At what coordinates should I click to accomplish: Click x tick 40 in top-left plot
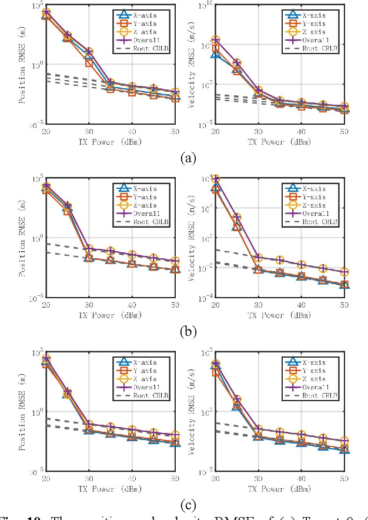pos(132,132)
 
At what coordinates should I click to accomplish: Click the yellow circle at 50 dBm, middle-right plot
pos(344,272)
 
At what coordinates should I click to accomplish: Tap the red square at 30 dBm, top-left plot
pos(89,62)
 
